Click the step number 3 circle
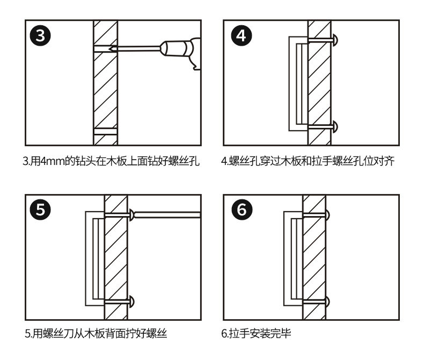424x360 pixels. (41, 37)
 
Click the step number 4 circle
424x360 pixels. (240, 37)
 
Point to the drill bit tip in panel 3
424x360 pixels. (110, 48)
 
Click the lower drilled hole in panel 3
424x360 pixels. (105, 131)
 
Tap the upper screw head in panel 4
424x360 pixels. (335, 39)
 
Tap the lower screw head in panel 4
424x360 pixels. (335, 127)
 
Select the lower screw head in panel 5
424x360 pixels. (131, 300)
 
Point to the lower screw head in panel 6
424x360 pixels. (328, 300)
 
